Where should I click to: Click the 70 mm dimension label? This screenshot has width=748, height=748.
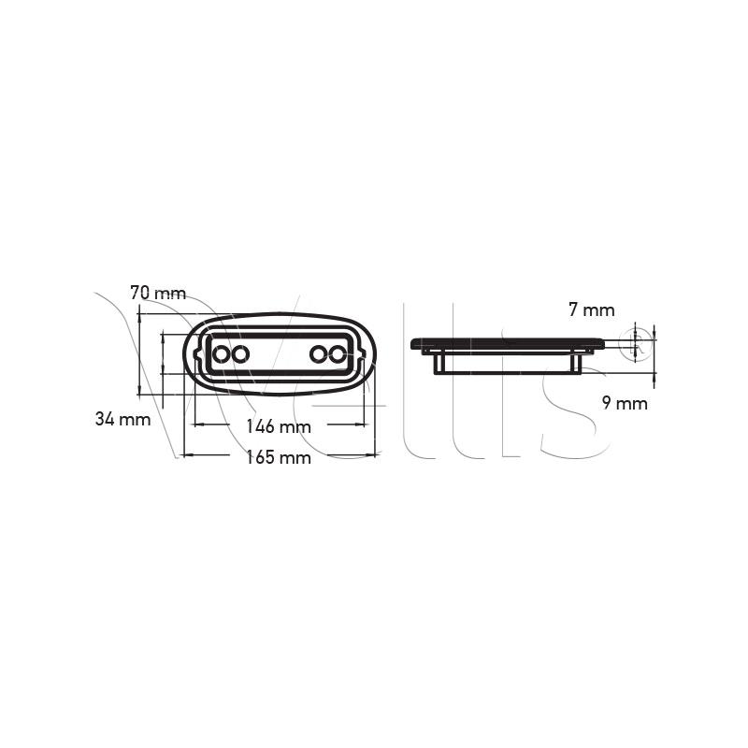pos(158,294)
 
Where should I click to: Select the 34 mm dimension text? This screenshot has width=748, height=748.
pos(122,419)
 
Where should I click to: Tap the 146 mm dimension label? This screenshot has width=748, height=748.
pos(278,426)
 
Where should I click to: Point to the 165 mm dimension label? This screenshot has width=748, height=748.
pos(278,457)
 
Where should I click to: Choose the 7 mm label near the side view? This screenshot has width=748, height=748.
pos(592,309)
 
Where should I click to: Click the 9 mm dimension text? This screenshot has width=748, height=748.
pos(625,404)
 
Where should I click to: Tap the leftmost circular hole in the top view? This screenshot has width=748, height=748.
pos(221,354)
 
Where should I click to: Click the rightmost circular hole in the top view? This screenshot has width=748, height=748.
pos(338,354)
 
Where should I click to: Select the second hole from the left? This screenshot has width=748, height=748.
pos(240,354)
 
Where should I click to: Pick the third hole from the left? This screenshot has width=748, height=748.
pos(319,354)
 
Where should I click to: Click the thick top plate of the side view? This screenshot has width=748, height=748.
pos(508,343)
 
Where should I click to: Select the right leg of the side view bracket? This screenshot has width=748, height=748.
pos(577,363)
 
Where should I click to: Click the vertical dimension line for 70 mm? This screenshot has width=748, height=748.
pos(139,355)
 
